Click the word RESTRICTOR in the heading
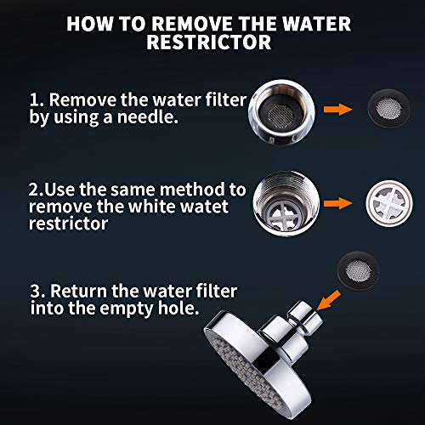click(209, 42)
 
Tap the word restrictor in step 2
click(68, 224)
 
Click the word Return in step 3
click(78, 291)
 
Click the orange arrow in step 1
click(338, 110)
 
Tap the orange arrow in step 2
click(338, 203)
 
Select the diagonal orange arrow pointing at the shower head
click(329, 300)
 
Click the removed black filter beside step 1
click(388, 109)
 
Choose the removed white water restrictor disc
click(389, 203)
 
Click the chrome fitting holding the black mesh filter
click(281, 112)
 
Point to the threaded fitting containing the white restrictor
click(286, 203)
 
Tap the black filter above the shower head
click(359, 271)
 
